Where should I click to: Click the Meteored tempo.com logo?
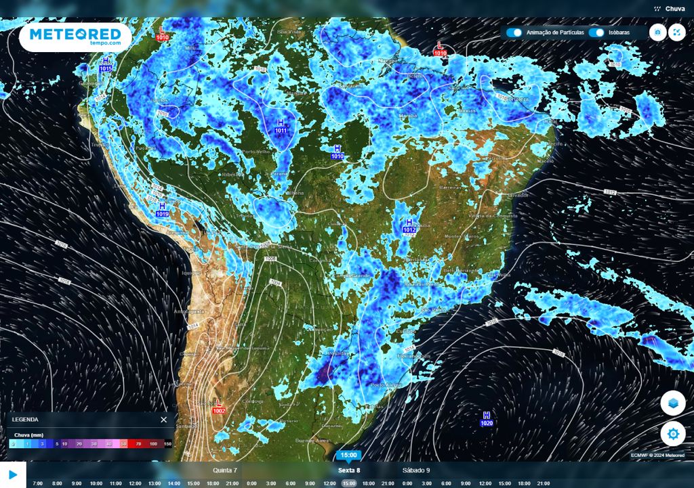click(x=75, y=37)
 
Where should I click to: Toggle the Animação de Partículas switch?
click(x=514, y=32)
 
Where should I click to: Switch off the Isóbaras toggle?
click(x=596, y=32)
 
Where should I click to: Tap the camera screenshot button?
click(x=657, y=32)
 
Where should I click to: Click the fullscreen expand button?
click(x=677, y=32)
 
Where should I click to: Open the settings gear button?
click(x=672, y=433)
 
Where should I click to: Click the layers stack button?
click(x=672, y=403)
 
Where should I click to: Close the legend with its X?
click(x=163, y=420)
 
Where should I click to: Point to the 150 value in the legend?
click(x=167, y=444)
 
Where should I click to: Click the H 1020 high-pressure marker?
click(x=487, y=419)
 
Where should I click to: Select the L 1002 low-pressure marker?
click(x=219, y=407)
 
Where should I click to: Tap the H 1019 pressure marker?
click(x=162, y=210)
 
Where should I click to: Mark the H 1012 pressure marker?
click(x=409, y=226)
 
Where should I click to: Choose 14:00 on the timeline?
click(x=174, y=483)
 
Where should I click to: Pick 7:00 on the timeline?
click(x=37, y=483)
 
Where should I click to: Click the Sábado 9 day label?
click(x=416, y=470)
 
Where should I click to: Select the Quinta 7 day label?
click(x=225, y=470)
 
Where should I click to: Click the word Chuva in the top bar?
click(x=674, y=9)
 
